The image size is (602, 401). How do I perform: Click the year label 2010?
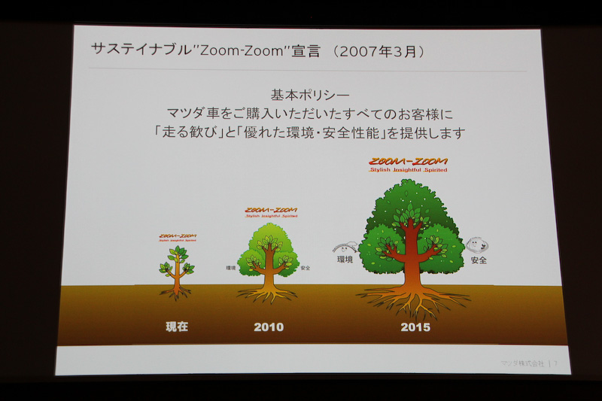click(x=269, y=327)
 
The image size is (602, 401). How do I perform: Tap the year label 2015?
click(x=415, y=327)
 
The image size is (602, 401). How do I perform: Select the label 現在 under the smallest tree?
click(x=177, y=327)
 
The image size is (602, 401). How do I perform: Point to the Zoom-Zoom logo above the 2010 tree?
click(x=271, y=211)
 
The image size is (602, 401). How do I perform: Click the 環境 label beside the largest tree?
click(x=345, y=260)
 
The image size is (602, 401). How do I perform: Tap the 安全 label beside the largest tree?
click(x=478, y=260)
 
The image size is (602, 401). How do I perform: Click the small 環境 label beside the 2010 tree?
click(x=230, y=268)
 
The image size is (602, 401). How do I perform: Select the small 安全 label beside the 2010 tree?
click(x=305, y=268)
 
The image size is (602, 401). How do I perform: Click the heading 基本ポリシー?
click(x=309, y=96)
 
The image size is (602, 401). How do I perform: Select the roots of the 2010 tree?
click(x=268, y=295)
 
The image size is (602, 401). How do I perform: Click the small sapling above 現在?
click(x=177, y=267)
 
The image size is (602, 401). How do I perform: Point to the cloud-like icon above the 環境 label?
click(x=345, y=246)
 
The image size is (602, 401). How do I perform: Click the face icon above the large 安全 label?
click(x=476, y=245)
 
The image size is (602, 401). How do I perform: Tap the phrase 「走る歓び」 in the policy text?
click(x=184, y=133)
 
